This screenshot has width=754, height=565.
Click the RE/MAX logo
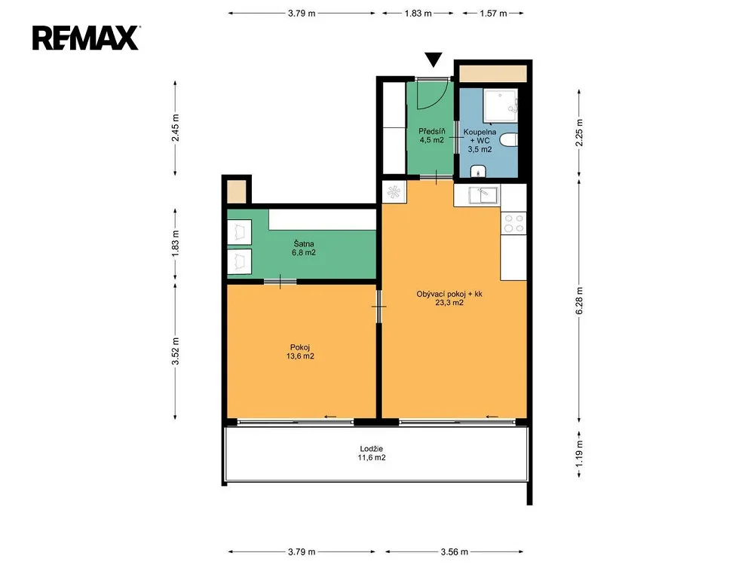coord(86,38)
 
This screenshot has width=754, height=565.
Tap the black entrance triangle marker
coord(434,60)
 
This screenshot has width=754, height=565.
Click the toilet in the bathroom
coord(509,140)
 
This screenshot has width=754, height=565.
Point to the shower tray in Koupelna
coord(501,105)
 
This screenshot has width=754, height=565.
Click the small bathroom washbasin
coord(478,171)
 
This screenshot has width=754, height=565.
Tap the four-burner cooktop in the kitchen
coord(513,223)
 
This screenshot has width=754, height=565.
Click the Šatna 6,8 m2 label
coord(303,248)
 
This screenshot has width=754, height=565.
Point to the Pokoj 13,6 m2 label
coord(300,352)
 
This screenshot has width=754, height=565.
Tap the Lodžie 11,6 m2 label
coord(371,453)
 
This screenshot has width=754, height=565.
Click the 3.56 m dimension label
coord(455,552)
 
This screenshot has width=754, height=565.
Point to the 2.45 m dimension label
coord(175,127)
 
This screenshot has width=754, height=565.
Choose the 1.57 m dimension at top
coord(493,14)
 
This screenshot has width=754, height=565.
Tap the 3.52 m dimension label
coord(175,351)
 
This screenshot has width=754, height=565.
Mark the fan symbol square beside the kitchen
coord(394,191)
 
